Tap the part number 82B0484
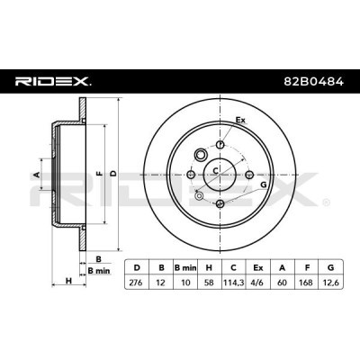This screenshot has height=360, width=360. click(x=314, y=81)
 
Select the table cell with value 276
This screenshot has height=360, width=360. click(x=137, y=283)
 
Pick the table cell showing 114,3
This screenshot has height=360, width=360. click(x=233, y=283)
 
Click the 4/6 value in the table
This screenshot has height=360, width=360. click(x=258, y=283)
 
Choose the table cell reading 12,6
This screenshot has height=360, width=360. click(x=331, y=283)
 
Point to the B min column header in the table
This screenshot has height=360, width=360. click(x=185, y=267)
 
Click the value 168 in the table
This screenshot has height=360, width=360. click(x=307, y=283)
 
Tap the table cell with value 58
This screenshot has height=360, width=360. click(x=209, y=283)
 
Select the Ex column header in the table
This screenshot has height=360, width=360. click(x=258, y=267)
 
